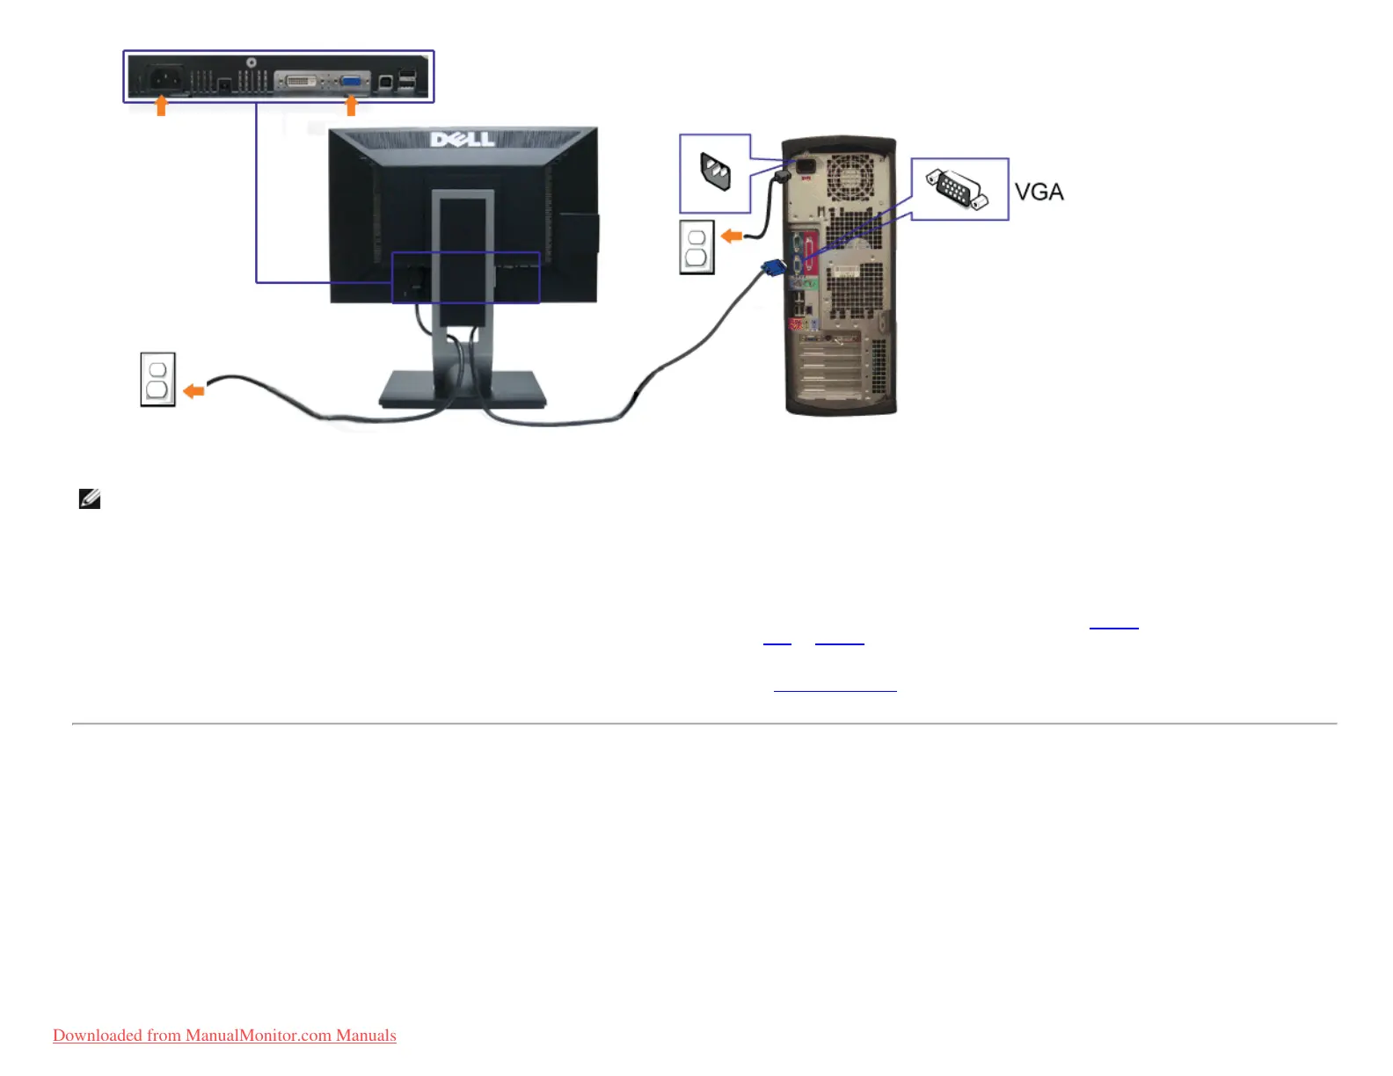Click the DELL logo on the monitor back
tap(463, 140)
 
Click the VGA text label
tap(1039, 192)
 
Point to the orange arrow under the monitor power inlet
tap(161, 106)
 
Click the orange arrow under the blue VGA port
tap(352, 106)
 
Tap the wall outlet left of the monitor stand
tap(158, 380)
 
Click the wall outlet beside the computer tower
tap(696, 248)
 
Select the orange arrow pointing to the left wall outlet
tap(193, 391)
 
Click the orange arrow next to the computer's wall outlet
tap(732, 236)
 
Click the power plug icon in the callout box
tap(715, 172)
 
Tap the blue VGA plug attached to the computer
tap(774, 267)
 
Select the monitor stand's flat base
tap(463, 389)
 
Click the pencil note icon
tap(90, 499)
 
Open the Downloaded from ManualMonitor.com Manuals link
tap(224, 1036)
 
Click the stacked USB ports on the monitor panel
tap(407, 80)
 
